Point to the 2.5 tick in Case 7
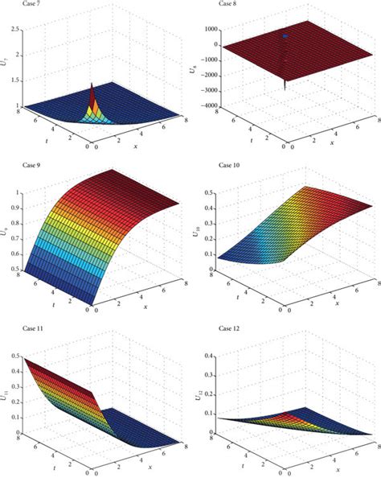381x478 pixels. [x=17, y=29]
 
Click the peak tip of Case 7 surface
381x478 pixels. [x=91, y=83]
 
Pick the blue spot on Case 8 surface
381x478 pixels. [x=284, y=36]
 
